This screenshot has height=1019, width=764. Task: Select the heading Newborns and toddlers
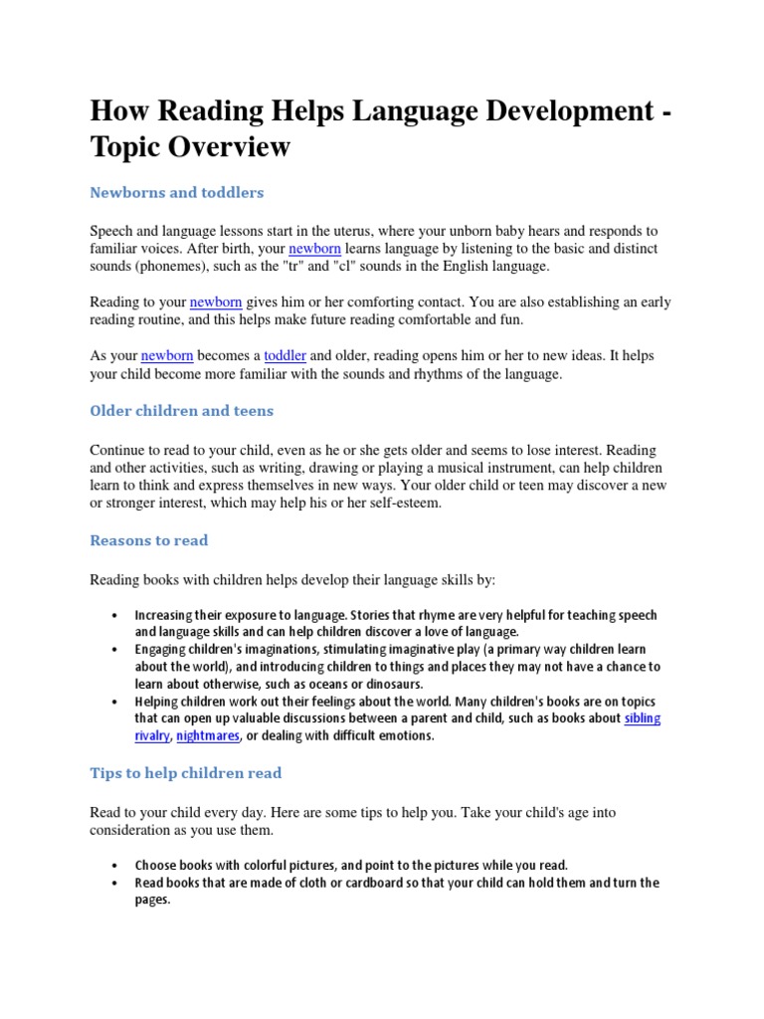[176, 192]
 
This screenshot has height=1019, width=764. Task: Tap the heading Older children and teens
[181, 411]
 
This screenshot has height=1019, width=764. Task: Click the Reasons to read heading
[149, 540]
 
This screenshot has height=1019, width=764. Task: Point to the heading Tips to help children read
[186, 772]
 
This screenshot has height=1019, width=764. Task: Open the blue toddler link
[286, 355]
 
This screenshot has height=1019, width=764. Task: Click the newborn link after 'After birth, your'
[314, 248]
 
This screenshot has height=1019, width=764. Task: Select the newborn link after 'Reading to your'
[216, 302]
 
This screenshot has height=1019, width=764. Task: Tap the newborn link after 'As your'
[168, 355]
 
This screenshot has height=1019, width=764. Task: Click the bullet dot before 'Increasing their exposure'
[116, 616]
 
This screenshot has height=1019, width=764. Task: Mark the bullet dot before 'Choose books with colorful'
[116, 866]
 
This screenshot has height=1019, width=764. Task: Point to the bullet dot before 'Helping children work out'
[116, 702]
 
